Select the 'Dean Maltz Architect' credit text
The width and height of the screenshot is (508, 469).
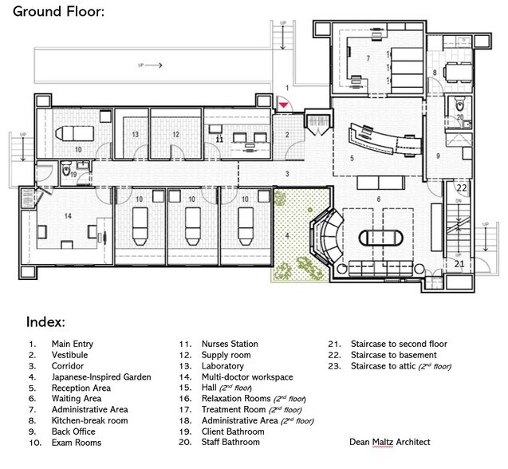tap(390, 441)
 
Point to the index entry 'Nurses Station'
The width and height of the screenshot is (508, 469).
tap(230, 344)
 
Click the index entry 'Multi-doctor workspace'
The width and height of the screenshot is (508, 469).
tap(246, 376)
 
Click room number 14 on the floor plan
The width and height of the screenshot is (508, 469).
tap(45, 215)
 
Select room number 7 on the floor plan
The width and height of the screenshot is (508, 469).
tap(368, 58)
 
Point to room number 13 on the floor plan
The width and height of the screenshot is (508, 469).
tap(136, 134)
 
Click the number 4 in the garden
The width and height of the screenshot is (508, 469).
tap(289, 235)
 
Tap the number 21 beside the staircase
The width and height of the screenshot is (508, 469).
tap(459, 263)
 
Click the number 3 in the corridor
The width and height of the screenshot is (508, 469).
tap(287, 173)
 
